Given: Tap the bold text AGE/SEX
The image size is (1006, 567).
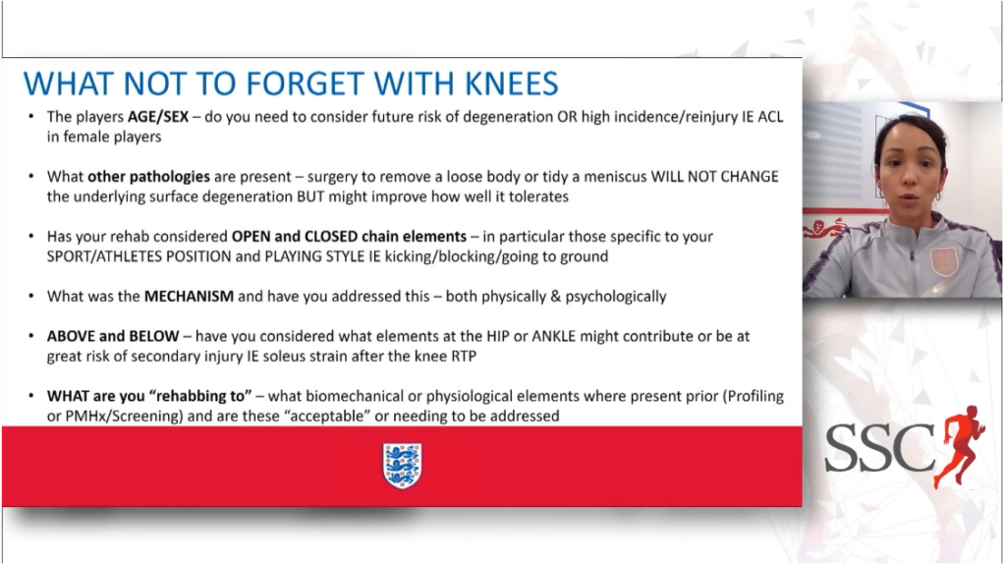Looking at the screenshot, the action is pos(158,117).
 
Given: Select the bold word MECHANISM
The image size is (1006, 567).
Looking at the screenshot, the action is pos(189,297).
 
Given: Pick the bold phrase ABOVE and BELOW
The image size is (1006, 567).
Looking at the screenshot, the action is pos(113,336).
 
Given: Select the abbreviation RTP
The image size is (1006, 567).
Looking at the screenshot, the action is pos(464,356).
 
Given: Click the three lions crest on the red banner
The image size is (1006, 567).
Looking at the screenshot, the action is pos(402,466).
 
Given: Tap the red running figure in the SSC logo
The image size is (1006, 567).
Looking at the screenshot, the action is pos(959,445).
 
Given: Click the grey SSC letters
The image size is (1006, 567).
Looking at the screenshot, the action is pos(879,447).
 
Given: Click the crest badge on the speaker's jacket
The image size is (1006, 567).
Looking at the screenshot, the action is pos(944,261).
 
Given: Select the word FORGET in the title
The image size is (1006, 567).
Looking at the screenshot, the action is pos(306,85).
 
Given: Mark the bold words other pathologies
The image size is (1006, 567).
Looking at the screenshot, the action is pos(149,176).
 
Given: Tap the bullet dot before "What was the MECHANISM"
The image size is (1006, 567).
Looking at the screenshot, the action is pos(31,296).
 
